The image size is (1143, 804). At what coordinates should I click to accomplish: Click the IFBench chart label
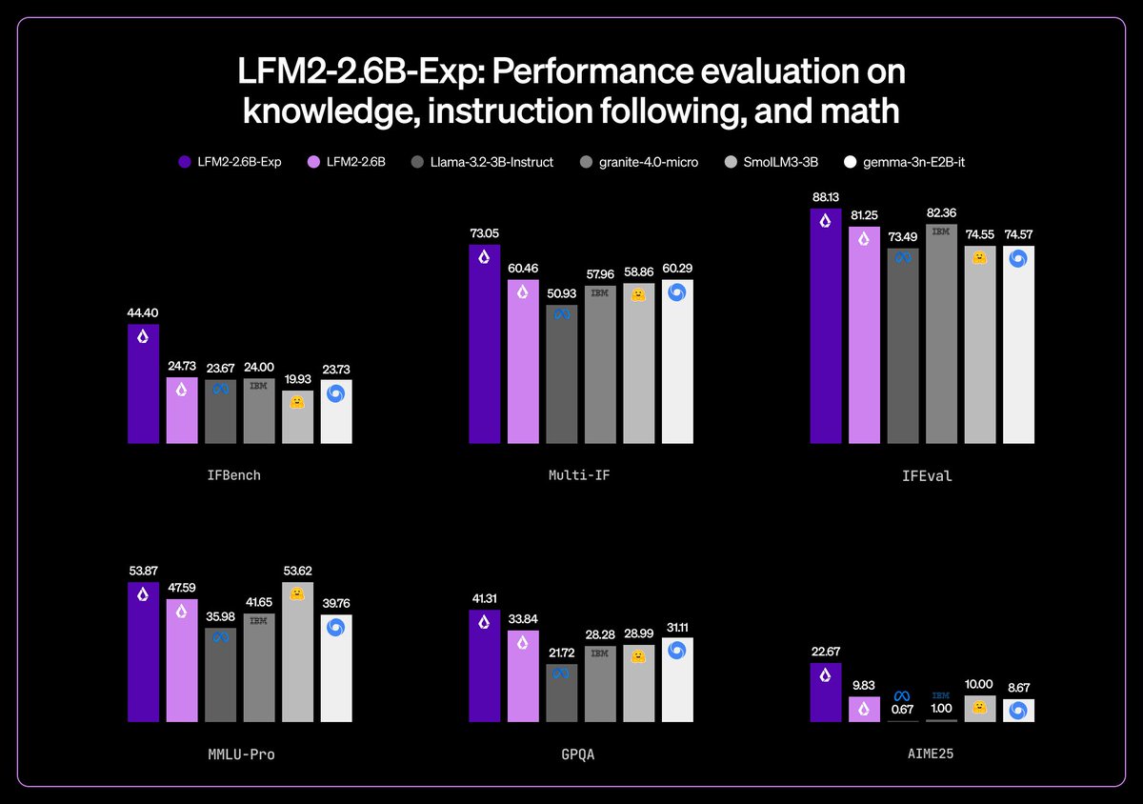click(x=232, y=474)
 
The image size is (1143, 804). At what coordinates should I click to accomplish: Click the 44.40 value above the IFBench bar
click(x=143, y=312)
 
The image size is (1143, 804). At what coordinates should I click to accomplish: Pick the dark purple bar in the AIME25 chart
click(x=826, y=693)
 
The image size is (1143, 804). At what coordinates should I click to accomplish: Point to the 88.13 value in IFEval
click(x=826, y=196)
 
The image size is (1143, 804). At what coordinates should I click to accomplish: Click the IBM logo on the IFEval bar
click(x=941, y=231)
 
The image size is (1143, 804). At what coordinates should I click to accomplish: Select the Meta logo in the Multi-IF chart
click(x=562, y=315)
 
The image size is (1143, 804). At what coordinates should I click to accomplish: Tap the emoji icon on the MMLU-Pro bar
click(x=297, y=593)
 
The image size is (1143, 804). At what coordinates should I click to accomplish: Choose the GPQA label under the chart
click(x=578, y=754)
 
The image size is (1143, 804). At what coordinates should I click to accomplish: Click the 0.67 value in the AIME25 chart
click(x=903, y=709)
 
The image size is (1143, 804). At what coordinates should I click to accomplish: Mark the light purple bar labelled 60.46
click(x=523, y=362)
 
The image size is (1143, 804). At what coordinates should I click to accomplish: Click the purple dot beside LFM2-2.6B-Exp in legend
click(x=185, y=162)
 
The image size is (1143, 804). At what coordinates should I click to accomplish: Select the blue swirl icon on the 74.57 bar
click(x=1018, y=258)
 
